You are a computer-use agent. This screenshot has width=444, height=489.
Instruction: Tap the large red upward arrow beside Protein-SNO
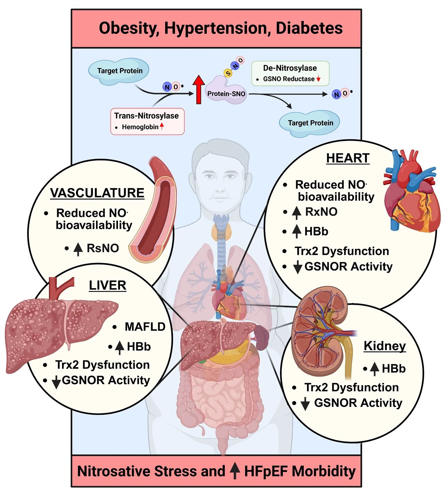coord(199,90)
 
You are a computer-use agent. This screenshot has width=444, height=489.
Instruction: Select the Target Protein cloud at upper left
coord(119,71)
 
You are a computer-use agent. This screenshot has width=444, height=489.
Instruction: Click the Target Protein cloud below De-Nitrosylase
coord(310,123)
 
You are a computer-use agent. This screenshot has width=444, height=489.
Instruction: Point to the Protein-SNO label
coord(226,94)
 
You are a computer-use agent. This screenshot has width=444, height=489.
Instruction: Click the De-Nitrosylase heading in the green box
coord(290,68)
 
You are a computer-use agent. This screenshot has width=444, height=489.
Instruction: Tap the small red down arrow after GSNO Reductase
coord(318,79)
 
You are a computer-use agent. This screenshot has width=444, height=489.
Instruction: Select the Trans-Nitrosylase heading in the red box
coord(146,116)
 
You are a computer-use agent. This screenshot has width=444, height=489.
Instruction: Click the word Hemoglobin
coord(140,127)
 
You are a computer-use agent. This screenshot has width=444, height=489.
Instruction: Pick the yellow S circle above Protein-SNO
coord(228,73)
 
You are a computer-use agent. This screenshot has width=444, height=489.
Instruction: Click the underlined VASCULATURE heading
coord(97,193)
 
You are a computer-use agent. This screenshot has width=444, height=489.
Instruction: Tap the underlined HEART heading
coord(348,158)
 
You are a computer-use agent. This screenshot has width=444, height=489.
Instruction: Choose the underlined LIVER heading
coord(108,285)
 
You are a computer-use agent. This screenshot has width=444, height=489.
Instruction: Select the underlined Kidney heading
coord(384,346)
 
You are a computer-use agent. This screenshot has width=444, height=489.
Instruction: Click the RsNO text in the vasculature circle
coord(103,248)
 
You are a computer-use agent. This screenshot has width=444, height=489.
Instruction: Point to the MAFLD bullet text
coord(145,327)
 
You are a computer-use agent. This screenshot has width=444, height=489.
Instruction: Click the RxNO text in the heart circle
coord(321,212)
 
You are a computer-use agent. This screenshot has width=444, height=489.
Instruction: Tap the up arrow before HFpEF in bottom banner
coord(235,471)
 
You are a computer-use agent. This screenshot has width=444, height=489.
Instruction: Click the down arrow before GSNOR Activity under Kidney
coord(305,404)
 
